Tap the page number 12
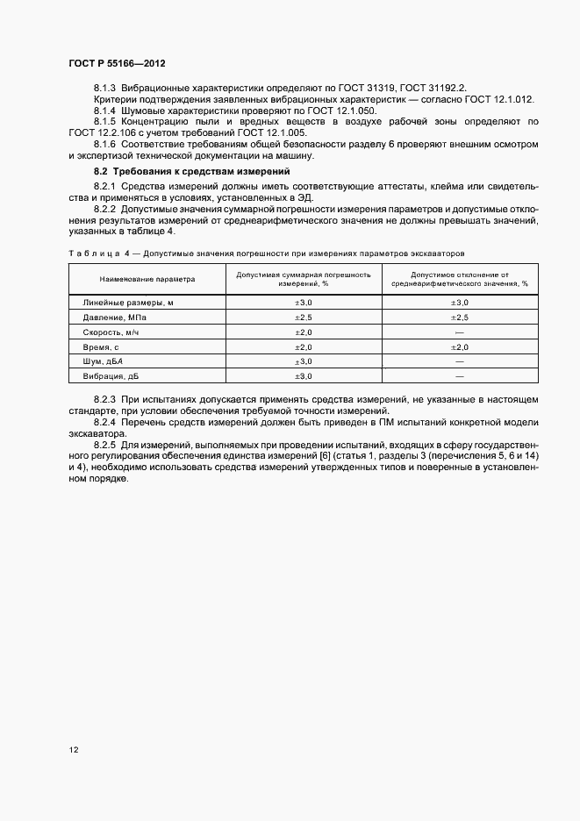pyautogui.click(x=74, y=749)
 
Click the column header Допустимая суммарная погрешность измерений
pyautogui.click(x=303, y=279)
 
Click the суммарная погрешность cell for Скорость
pyautogui.click(x=303, y=332)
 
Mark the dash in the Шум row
pyautogui.click(x=459, y=361)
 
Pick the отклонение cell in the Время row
pyautogui.click(x=459, y=346)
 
